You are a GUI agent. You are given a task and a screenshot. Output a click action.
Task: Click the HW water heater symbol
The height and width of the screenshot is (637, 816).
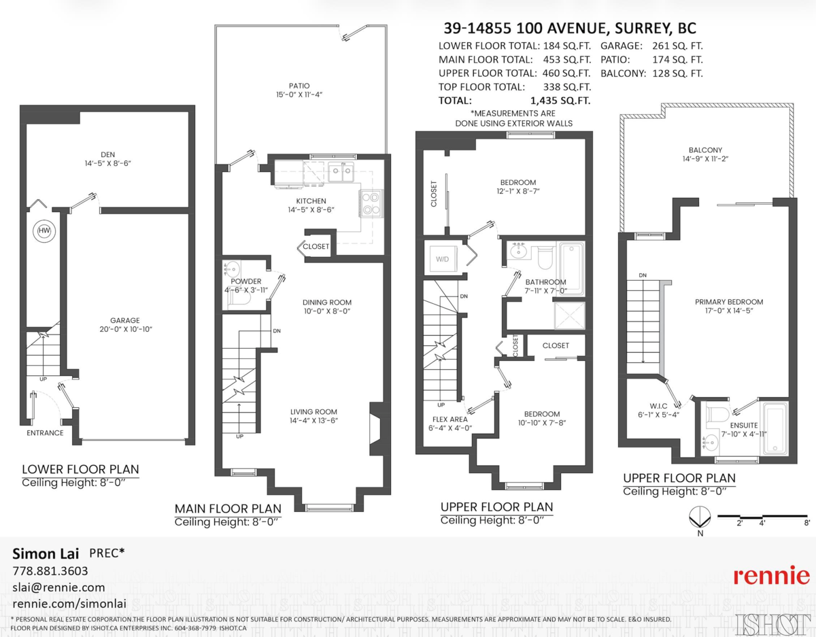point(44,232)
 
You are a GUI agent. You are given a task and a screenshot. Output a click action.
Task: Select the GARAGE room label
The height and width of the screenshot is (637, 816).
point(125,320)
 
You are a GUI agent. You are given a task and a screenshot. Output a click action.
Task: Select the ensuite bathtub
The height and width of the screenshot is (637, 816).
point(774,430)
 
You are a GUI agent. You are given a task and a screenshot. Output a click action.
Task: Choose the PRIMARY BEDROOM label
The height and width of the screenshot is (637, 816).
point(728,302)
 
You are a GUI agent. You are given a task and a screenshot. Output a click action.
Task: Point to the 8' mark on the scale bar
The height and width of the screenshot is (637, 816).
point(806,523)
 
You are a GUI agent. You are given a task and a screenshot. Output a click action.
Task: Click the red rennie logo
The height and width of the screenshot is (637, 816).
point(771,576)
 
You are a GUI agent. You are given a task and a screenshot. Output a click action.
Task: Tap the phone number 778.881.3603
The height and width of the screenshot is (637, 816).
point(50,570)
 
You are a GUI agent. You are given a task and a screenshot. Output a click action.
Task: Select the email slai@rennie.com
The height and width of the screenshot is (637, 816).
point(59,587)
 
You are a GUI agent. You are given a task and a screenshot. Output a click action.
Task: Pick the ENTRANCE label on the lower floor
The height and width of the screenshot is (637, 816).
point(45,432)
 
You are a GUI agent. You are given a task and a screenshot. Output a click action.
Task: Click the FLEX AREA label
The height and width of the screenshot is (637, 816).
point(449,419)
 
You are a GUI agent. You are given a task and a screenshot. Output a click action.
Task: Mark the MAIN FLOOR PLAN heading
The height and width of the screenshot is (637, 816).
point(228,508)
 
